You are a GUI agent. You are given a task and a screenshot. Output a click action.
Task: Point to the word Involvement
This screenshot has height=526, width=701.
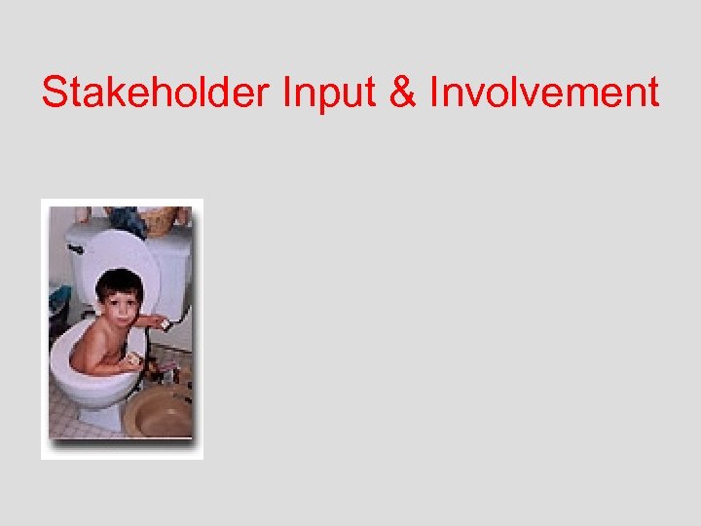click(x=544, y=94)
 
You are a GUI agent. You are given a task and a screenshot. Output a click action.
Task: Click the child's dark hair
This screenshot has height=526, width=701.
click(x=119, y=282)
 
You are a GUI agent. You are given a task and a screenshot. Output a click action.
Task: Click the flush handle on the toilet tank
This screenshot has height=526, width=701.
click(x=76, y=249)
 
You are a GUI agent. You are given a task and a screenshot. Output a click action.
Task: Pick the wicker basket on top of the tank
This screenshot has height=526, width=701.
click(x=160, y=220)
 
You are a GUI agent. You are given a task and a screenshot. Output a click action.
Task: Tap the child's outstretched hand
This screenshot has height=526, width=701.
click(x=163, y=323)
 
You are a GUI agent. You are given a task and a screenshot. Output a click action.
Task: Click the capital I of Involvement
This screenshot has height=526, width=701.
click(x=434, y=94)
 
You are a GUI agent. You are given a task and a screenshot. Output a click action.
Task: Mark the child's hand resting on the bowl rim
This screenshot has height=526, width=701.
click(x=131, y=360)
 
